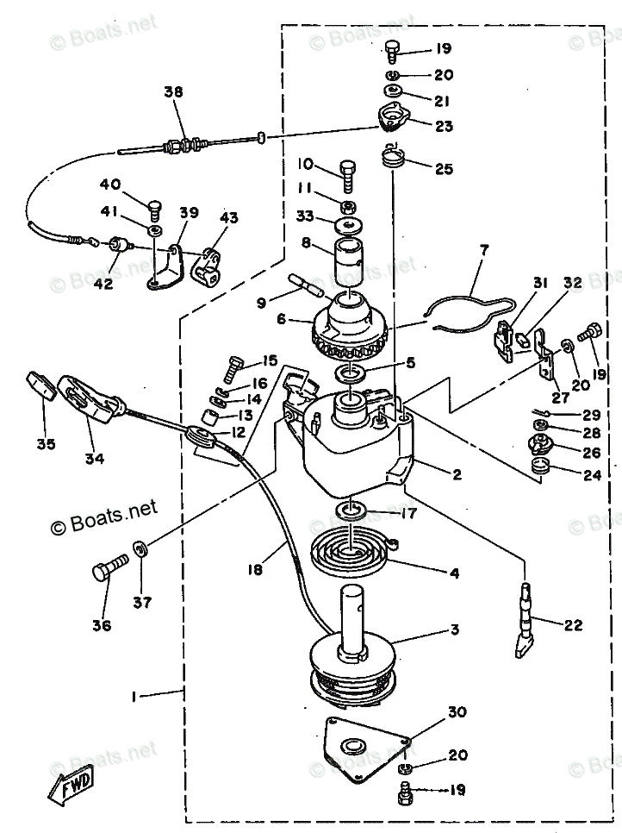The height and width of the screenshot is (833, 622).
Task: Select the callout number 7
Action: click(483, 251)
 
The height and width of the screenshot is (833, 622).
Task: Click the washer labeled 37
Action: click(140, 547)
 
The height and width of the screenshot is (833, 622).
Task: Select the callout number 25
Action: click(444, 169)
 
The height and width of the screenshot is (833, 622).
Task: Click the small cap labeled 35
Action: click(41, 385)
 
